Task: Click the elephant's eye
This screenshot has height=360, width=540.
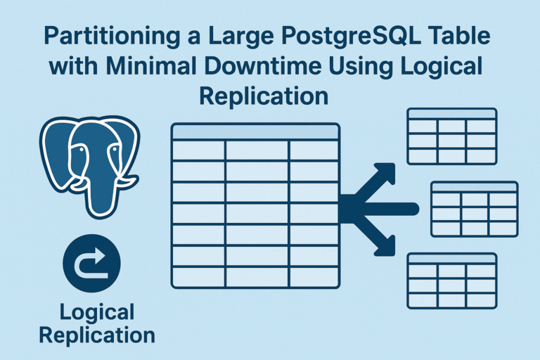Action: [79, 149]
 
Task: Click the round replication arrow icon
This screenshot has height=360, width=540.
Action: [91, 264]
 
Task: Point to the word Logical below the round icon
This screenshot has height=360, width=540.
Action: [96, 311]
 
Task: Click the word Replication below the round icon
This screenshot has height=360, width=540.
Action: [96, 335]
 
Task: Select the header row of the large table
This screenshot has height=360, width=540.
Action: [255, 132]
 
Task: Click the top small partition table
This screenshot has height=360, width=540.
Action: [451, 136]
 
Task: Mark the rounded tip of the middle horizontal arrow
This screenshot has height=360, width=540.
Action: [415, 209]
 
